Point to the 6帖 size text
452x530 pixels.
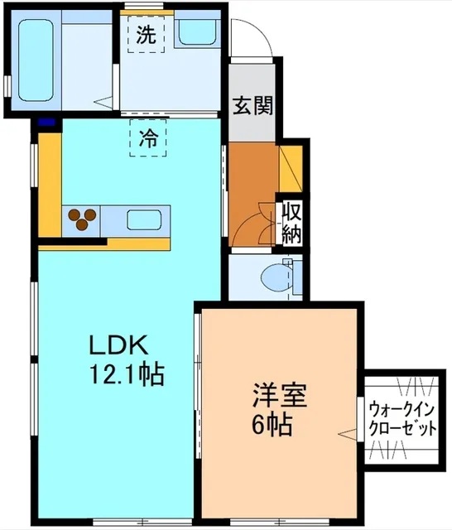(272, 425)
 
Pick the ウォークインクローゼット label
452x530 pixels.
(402, 419)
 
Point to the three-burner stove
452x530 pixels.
(80, 219)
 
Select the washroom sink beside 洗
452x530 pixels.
(196, 33)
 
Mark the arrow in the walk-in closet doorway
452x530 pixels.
(344, 433)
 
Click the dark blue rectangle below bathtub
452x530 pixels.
(48, 123)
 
